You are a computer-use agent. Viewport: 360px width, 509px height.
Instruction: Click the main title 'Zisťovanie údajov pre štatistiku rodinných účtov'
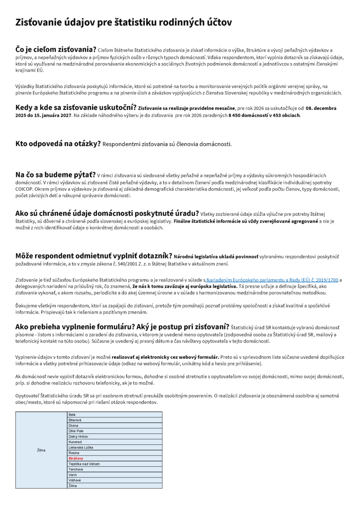point(123,23)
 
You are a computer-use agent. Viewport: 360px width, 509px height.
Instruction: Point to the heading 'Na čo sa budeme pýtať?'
point(55,175)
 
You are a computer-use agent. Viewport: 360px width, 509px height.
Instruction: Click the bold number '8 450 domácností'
point(246,115)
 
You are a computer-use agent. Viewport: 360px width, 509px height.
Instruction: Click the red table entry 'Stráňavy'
point(76,458)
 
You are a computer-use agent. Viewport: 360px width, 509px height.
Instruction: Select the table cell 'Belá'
point(72,415)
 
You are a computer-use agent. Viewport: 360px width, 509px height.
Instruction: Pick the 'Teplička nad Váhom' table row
point(84,464)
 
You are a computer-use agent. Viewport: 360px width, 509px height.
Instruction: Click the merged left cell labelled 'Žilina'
point(41,450)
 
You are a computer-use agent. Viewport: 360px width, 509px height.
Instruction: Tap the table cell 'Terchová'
point(76,469)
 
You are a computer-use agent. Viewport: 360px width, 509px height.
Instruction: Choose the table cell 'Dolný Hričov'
point(78,436)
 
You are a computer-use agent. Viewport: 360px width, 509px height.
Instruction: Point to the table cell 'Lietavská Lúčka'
point(81,447)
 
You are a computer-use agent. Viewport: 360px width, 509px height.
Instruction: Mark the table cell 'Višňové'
point(75,480)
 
